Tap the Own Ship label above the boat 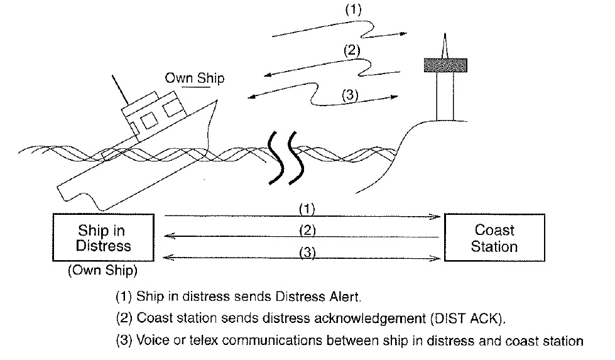point(194,79)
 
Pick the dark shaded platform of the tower point(445,64)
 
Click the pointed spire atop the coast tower point(445,45)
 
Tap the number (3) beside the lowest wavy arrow point(350,95)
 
